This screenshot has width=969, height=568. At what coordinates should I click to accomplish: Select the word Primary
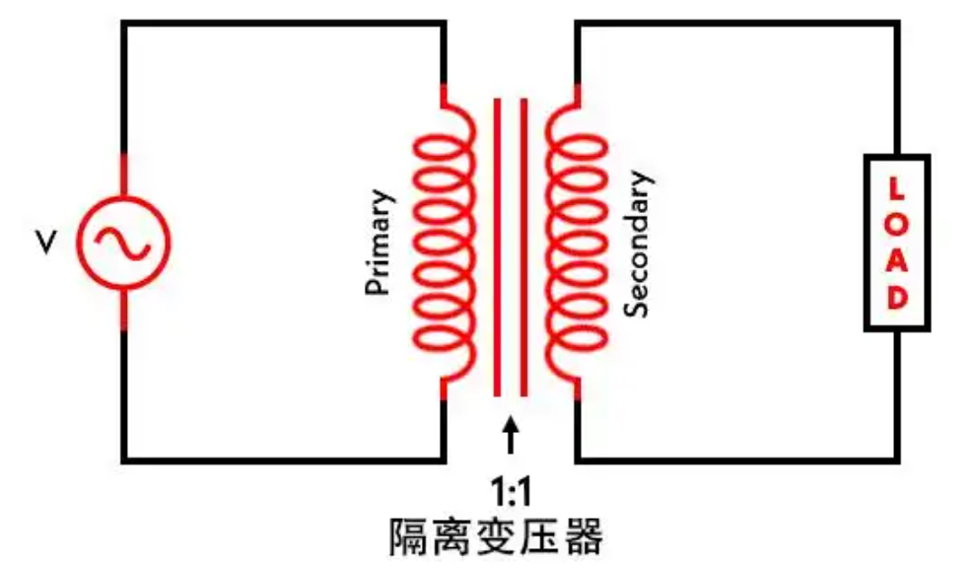coord(379,242)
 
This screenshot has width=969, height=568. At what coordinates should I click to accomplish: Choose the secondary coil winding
coord(582,242)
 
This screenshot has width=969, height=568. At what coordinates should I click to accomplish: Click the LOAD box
coord(897,243)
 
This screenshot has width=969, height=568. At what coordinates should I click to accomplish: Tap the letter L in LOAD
coord(897,187)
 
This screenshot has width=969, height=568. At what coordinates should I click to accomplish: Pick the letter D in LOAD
coord(897,299)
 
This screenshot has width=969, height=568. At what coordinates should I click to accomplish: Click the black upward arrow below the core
coord(510,434)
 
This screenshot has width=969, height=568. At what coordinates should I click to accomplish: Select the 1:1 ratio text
coord(511,490)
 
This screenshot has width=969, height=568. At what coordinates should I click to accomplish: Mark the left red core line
coord(498,247)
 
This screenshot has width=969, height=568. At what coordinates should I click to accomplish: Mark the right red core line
coord(522,247)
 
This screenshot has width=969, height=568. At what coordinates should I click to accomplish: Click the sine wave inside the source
coord(123,242)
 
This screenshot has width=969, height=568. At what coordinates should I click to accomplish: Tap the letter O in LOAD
coord(897,224)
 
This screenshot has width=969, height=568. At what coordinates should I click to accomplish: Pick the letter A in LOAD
coord(897,261)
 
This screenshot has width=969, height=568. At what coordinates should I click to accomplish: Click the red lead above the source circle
coord(124,176)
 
